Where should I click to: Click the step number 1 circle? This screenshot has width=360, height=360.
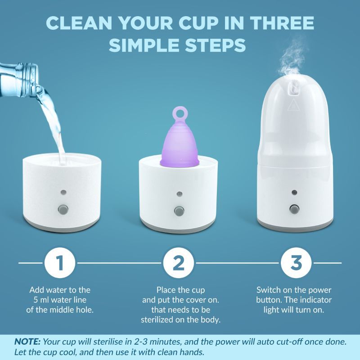click(60, 263)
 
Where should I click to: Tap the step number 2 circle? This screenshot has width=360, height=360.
click(179, 263)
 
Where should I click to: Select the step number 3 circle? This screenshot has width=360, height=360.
click(296, 263)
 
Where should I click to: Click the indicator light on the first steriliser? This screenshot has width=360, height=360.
click(63, 192)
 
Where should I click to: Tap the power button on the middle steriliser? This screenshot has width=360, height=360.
click(179, 211)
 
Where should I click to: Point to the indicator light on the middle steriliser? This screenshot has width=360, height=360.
click(180, 194)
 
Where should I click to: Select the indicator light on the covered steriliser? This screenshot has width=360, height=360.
click(294, 192)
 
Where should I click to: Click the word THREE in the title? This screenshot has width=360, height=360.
click(282, 23)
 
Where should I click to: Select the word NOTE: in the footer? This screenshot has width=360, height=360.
click(27, 342)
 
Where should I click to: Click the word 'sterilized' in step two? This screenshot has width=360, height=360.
click(161, 320)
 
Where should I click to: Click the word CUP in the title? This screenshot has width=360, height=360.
click(198, 23)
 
